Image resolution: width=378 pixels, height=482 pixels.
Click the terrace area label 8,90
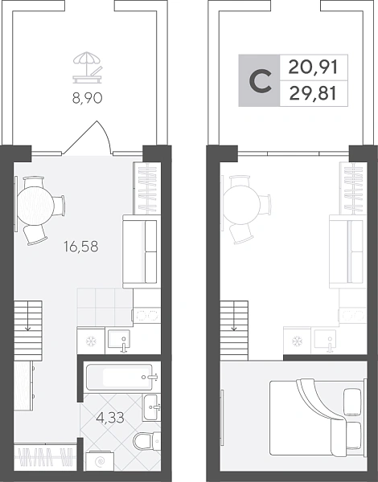87,99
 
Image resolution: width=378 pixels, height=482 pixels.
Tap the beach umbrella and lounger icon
87,67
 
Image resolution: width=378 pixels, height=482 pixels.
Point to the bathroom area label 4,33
110,418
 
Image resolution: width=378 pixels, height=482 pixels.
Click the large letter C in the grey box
260,80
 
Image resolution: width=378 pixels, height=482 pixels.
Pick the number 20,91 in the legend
313,67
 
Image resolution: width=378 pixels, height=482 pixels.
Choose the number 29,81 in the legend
313,93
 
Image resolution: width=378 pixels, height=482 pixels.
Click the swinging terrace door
88,137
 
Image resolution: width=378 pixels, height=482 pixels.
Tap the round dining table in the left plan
35,206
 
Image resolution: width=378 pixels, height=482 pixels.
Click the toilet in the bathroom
147,441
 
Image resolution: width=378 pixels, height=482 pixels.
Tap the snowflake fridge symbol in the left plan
91,341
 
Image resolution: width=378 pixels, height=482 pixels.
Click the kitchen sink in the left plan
118,341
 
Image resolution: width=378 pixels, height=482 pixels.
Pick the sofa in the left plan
142,251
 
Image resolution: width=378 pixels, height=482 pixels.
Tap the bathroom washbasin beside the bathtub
152,407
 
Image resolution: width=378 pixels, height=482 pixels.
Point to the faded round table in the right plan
241,205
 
